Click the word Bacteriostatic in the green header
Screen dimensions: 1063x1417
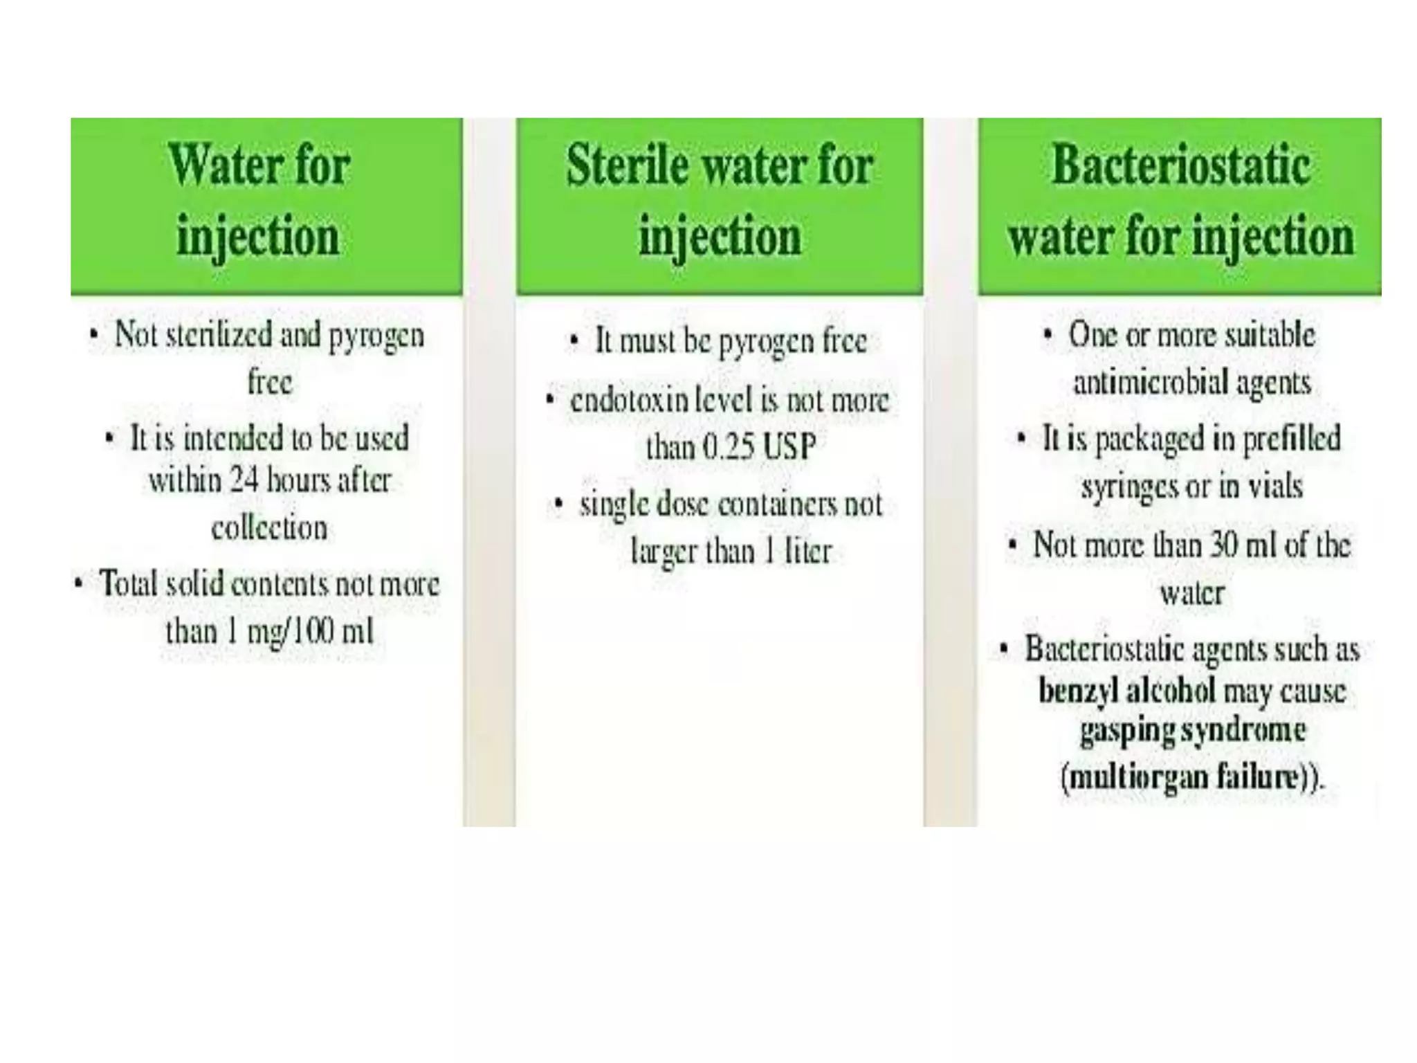pyautogui.click(x=1180, y=165)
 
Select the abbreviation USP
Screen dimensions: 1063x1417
pyautogui.click(x=789, y=447)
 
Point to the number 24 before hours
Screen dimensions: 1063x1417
pyautogui.click(x=244, y=480)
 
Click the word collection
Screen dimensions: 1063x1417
pyautogui.click(x=269, y=529)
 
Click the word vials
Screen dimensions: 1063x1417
pyautogui.click(x=1274, y=486)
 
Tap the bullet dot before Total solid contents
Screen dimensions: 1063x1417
pyautogui.click(x=78, y=583)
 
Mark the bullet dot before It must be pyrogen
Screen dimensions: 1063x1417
pyautogui.click(x=574, y=340)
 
